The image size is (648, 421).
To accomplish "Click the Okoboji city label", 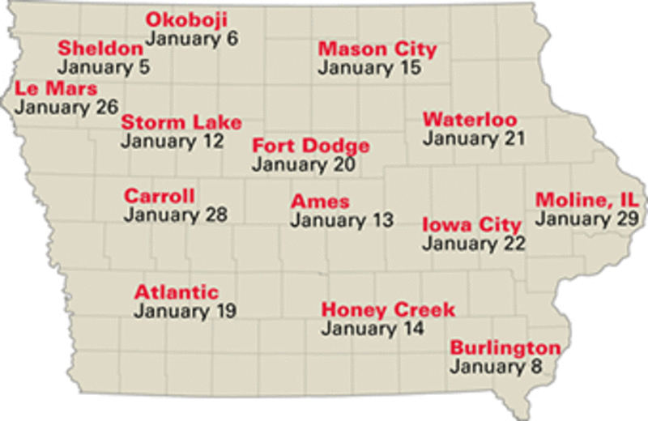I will coord(186,19).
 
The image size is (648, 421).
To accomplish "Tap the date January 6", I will coord(192,38).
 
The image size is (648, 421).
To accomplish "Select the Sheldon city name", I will coord(100,49).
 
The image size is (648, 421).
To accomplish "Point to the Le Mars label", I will coord(56,87).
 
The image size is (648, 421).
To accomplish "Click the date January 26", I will coord(66,106).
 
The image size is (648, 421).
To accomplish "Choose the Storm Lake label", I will coord(181,122).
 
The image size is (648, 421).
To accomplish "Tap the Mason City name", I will coord(377,49).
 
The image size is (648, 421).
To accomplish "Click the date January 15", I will coord(369,68).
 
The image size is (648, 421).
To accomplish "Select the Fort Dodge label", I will coord(311,146).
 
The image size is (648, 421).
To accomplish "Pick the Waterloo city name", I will coord(470,120).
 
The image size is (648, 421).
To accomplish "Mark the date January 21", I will coord(474,138).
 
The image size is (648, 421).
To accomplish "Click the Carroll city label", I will coord(160,196).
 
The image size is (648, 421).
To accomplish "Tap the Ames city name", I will coord(321,201).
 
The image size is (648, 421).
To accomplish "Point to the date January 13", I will coord(343,219).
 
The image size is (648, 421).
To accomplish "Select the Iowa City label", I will coord(471,224).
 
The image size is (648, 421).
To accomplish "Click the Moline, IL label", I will coord(586,200).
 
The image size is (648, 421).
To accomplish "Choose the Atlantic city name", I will coord(177,291).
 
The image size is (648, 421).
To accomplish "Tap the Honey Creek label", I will coord(388,309).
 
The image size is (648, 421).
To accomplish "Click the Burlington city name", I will coord(505,348).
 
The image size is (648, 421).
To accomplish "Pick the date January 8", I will coord(496,367).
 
